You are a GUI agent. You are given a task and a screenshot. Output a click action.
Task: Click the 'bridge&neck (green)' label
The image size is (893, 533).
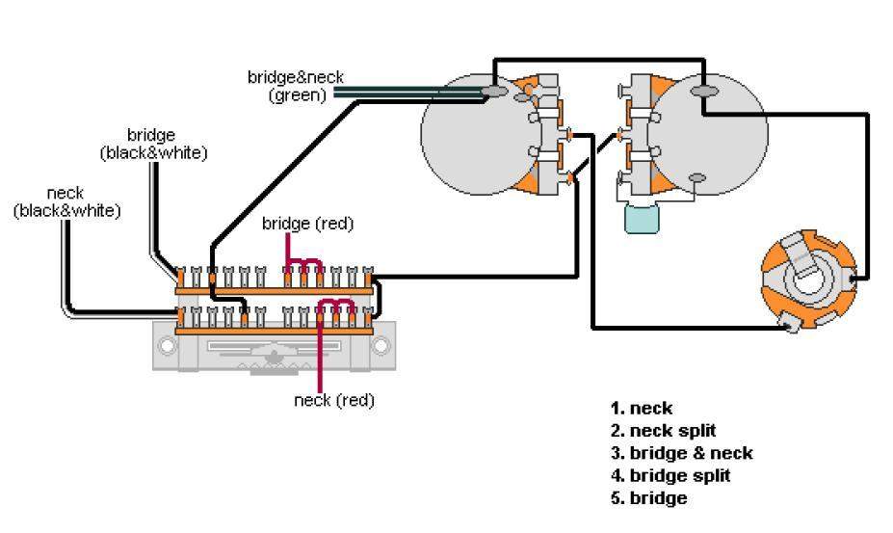click(x=295, y=86)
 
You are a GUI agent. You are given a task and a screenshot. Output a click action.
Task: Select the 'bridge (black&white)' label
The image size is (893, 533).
click(x=152, y=144)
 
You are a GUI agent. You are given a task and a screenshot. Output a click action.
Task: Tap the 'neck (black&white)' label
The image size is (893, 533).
click(x=66, y=201)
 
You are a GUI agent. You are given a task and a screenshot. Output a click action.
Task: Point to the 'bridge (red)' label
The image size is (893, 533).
click(x=307, y=224)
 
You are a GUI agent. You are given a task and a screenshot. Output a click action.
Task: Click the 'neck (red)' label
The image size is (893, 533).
click(x=333, y=400)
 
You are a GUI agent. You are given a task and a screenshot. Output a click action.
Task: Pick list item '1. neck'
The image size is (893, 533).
click(x=641, y=408)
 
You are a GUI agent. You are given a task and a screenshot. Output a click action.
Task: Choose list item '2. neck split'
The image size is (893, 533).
click(x=663, y=430)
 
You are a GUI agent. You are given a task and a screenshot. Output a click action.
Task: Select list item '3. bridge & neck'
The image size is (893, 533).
click(x=681, y=453)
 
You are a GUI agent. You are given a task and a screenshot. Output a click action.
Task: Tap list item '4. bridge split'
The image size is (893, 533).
click(x=670, y=475)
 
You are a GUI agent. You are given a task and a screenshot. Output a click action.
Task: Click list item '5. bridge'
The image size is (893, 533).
click(x=648, y=498)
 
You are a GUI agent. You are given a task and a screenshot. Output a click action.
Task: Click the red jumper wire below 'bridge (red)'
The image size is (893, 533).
click(x=302, y=261)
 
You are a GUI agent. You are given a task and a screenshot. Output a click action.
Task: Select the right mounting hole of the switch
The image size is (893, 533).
click(x=382, y=345)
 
